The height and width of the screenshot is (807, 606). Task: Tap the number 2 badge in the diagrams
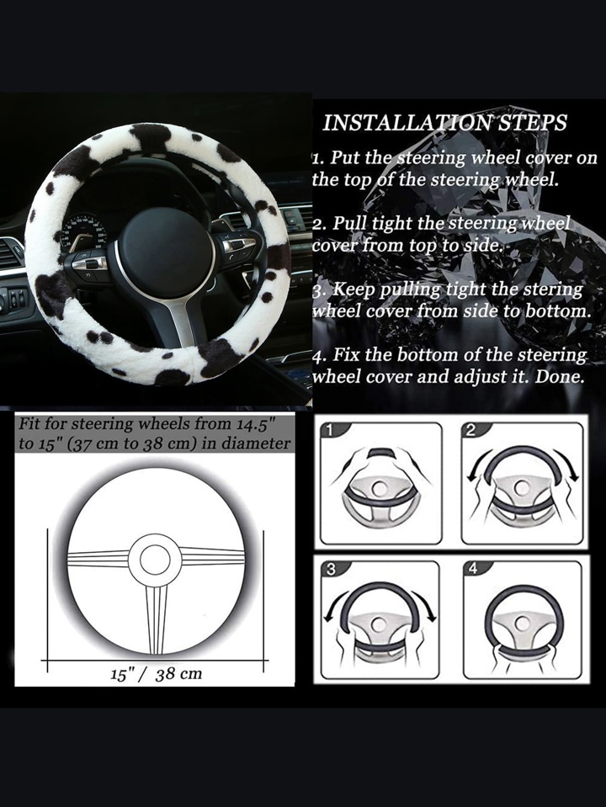pyautogui.click(x=470, y=431)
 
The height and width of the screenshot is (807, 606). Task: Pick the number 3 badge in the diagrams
pyautogui.click(x=331, y=570)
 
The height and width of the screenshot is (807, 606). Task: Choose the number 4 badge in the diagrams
pyautogui.click(x=473, y=569)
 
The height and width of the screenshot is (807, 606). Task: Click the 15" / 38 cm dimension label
pyautogui.click(x=156, y=674)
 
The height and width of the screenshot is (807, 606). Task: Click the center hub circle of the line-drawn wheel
pyautogui.click(x=155, y=560)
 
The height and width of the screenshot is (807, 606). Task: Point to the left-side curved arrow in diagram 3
pyautogui.click(x=335, y=604)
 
